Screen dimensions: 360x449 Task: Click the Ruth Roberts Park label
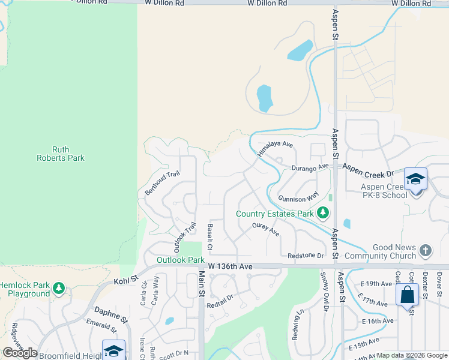pyautogui.click(x=68, y=154)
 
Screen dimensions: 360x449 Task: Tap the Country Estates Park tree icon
pyautogui.click(x=323, y=213)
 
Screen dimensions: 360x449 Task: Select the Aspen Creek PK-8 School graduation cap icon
pyautogui.click(x=415, y=179)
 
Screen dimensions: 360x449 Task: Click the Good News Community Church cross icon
pyautogui.click(x=425, y=250)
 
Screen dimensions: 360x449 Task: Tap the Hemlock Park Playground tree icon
pyautogui.click(x=58, y=289)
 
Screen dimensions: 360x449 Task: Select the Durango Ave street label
pyautogui.click(x=311, y=167)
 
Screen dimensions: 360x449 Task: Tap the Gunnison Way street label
pyautogui.click(x=298, y=197)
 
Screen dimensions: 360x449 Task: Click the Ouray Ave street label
pyautogui.click(x=266, y=229)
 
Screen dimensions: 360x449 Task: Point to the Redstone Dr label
pyautogui.click(x=306, y=256)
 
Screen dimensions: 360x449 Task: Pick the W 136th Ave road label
pyautogui.click(x=231, y=266)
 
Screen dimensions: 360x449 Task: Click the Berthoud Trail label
pyautogui.click(x=162, y=183)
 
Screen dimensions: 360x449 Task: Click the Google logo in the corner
pyautogui.click(x=20, y=353)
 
